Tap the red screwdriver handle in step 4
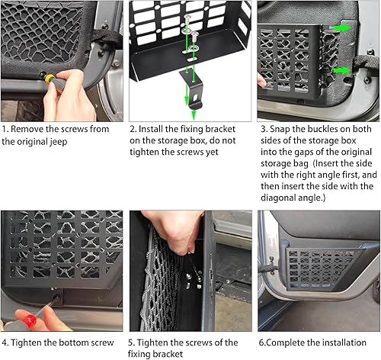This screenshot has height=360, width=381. click(17, 317)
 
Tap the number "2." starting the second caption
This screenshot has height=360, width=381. click(134, 129)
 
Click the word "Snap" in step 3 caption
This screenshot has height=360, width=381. click(283, 129)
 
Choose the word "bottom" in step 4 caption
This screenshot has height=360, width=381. click(73, 342)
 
